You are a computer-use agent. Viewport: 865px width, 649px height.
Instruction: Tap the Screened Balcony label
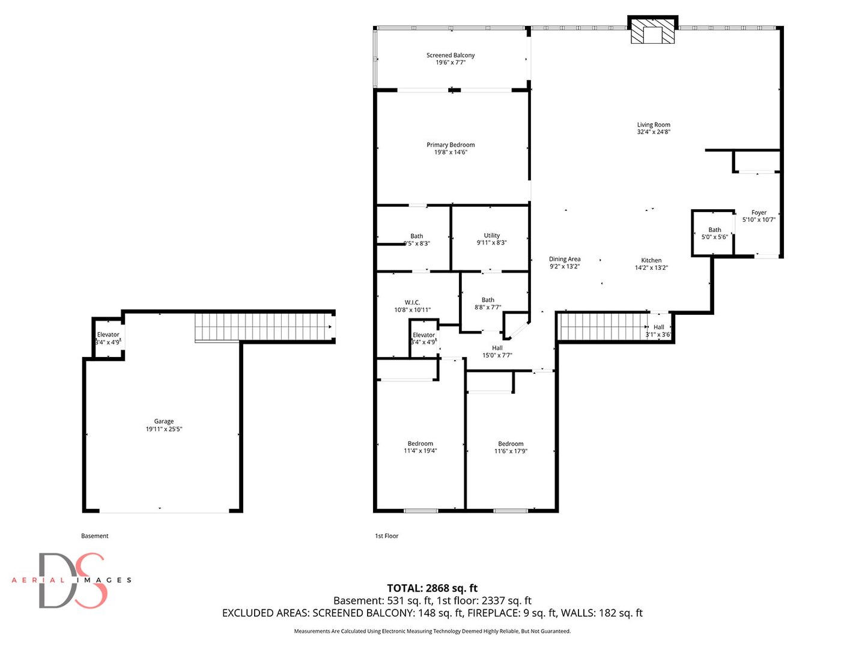point(451,55)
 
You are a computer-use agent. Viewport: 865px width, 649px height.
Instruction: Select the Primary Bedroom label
point(451,145)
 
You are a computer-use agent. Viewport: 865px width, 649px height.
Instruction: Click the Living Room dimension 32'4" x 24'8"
point(654,132)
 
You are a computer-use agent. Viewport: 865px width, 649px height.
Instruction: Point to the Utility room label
point(492,236)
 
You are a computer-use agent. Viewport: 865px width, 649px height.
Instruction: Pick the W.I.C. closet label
point(412,303)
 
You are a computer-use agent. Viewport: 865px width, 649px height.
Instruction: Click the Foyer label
point(759,213)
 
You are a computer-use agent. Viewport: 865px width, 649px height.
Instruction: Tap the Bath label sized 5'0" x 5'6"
point(715,230)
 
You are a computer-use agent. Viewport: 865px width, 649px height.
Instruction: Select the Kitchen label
point(651,260)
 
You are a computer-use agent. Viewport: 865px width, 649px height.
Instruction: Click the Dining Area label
point(565,259)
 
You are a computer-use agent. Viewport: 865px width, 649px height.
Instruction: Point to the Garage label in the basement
point(164,422)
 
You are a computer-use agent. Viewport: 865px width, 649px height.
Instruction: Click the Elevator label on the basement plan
point(108,335)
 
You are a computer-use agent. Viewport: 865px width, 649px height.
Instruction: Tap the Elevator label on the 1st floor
point(423,335)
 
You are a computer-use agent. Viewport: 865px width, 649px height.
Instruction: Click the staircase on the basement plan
point(264,327)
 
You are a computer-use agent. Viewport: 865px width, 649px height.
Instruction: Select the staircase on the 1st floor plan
point(604,326)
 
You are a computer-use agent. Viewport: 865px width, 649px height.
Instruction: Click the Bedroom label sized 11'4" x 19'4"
point(420,443)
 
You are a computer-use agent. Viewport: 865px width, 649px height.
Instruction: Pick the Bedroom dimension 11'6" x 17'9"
point(511,451)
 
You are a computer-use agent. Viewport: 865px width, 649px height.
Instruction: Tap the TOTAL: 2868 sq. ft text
point(432,588)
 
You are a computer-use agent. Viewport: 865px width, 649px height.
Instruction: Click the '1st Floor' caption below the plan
point(387,536)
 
